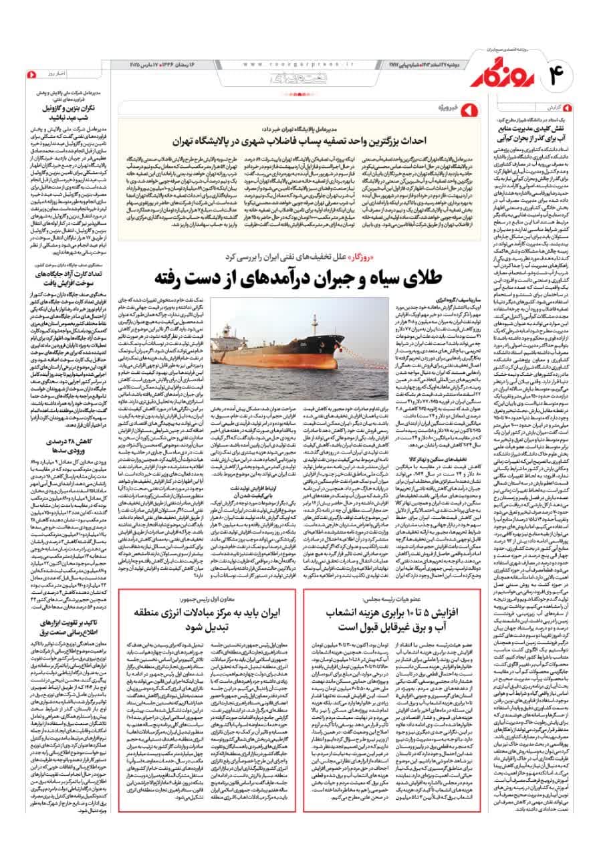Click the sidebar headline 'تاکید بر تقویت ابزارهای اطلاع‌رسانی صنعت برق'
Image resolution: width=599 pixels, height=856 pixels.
point(59,698)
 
